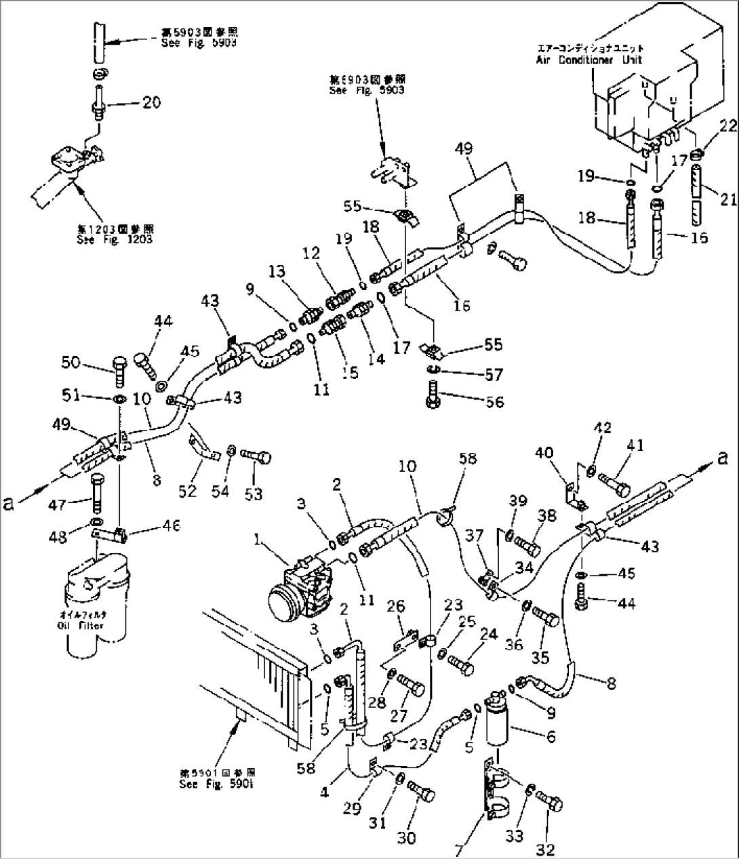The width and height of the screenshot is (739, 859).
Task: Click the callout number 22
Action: pyautogui.click(x=708, y=126)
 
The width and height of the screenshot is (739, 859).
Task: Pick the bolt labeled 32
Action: pyautogui.click(x=550, y=803)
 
